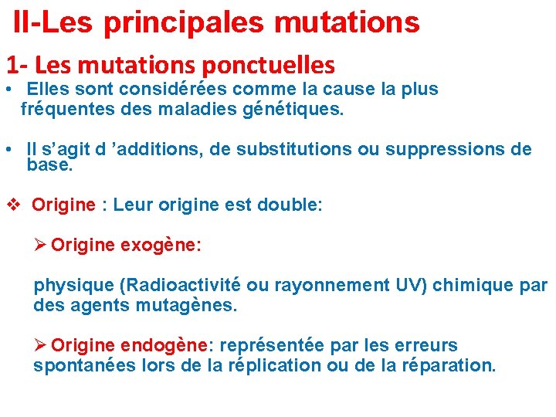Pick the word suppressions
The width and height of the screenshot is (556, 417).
[442, 149]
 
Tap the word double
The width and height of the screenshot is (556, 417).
[293, 205]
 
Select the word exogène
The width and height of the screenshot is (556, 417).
[161, 246]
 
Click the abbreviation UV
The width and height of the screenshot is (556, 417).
[408, 285]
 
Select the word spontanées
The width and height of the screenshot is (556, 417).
[83, 365]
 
